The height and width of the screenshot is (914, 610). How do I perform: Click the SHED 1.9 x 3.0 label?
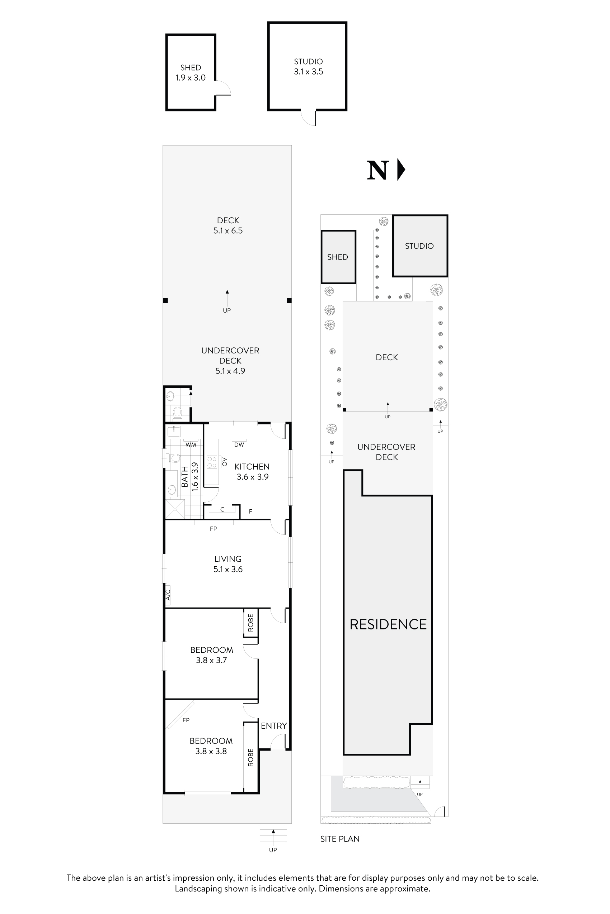pos(190,73)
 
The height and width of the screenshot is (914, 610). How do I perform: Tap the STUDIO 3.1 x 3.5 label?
pos(308,66)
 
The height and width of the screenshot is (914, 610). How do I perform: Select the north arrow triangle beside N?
pos(401,170)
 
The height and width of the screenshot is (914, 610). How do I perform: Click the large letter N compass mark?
pos(377,170)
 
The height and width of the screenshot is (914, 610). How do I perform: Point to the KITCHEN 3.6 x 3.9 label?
pos(252,471)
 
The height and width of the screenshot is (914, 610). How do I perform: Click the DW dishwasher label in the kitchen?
pos(239,444)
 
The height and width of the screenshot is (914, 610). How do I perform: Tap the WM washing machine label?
pos(191,444)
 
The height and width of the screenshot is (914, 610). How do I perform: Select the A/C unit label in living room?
pos(168,595)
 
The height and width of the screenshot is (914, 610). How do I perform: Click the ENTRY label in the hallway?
pos(273,725)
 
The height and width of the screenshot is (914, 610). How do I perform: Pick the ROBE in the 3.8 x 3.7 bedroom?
pos(250,623)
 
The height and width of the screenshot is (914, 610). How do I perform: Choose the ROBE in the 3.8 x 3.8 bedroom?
pos(250,757)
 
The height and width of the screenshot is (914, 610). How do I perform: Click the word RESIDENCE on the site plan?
pos(388,624)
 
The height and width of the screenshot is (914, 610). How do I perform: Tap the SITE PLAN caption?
pos(339,839)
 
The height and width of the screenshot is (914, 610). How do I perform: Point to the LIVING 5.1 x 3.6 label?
pos(228,564)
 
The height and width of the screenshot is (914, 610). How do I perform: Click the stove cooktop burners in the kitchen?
pos(212,462)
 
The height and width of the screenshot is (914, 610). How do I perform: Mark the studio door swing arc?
pos(308,118)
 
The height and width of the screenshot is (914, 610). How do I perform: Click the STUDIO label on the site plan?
pos(419,246)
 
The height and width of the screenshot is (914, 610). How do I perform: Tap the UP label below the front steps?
pos(273,850)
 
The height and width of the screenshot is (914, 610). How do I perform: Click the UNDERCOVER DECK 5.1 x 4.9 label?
pos(230,361)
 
